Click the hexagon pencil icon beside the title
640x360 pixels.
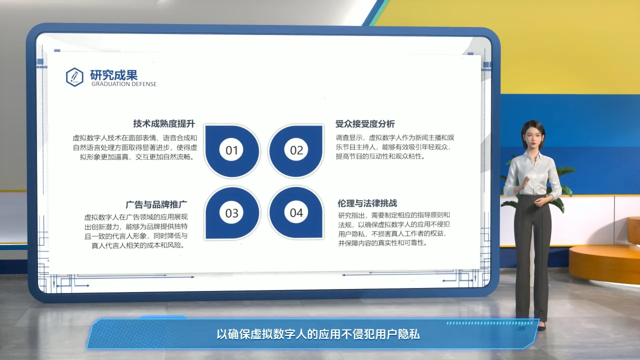(x=74, y=77)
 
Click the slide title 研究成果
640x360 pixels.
(x=113, y=75)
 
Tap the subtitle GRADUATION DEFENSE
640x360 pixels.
(x=124, y=84)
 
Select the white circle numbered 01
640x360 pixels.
(x=231, y=150)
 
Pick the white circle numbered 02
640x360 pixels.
(x=296, y=150)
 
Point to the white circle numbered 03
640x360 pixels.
(x=231, y=213)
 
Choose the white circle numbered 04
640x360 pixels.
(x=296, y=212)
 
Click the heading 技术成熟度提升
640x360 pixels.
(x=164, y=123)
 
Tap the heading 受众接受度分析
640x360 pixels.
(x=365, y=124)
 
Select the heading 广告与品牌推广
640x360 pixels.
(x=156, y=204)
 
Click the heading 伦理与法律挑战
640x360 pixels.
(x=367, y=203)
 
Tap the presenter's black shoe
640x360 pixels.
(x=541, y=327)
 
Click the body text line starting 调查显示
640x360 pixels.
(x=395, y=138)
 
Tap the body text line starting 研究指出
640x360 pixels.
(x=394, y=215)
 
